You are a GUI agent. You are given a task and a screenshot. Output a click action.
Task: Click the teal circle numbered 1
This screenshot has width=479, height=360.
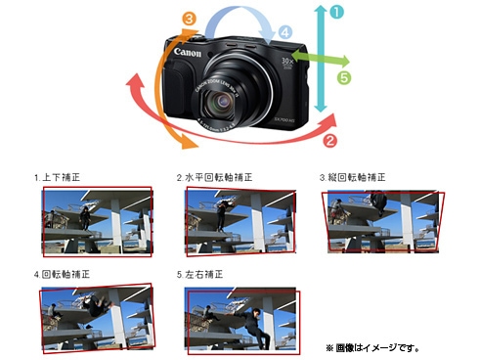336,12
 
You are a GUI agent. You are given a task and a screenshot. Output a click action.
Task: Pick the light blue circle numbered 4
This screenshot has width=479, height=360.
284,31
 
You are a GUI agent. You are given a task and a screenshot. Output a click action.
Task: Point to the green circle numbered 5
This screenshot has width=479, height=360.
343,75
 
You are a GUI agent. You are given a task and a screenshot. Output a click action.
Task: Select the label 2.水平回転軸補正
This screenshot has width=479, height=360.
214,178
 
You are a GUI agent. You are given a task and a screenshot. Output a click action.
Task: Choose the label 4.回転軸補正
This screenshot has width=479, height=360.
65,275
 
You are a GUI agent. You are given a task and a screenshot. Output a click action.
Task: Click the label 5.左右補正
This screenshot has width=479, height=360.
201,275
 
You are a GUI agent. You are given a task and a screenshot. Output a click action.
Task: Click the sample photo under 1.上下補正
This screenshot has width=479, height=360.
97,223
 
